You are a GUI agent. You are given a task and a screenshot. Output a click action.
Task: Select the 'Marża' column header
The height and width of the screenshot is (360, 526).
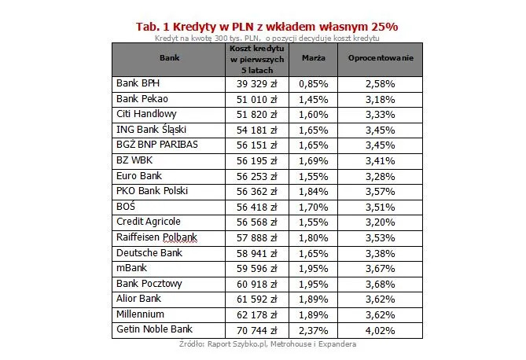coord(314,58)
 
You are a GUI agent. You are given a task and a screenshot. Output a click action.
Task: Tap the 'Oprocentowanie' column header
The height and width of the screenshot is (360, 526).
coord(379,58)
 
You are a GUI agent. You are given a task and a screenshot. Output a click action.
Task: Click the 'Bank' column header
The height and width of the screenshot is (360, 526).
coord(169,58)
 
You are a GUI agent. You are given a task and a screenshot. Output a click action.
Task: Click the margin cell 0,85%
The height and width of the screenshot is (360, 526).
coord(314,83)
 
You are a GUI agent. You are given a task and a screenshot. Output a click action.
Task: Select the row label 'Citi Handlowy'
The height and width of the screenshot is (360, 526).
coord(147,114)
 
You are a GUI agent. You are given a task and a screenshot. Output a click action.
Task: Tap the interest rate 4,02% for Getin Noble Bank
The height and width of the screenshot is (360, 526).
coord(379,330)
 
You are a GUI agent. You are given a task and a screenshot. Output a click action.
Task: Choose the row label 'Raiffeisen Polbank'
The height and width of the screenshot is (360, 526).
coord(156,237)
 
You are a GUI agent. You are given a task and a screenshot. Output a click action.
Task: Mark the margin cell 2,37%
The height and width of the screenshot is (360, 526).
coord(314,330)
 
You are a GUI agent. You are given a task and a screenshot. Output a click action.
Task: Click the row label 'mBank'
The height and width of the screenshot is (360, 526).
coord(131,268)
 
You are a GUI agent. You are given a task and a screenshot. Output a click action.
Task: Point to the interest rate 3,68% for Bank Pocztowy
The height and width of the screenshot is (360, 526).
coord(379,284)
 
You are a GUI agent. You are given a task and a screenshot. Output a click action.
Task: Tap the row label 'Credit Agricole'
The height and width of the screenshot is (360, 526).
coord(149,222)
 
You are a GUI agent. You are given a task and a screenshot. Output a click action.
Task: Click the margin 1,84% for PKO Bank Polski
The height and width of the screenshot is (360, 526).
coord(314,191)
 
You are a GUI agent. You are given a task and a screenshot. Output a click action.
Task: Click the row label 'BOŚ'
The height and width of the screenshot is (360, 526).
coord(126,206)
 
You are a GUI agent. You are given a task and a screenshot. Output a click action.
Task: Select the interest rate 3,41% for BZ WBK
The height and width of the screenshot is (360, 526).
coord(379,160)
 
